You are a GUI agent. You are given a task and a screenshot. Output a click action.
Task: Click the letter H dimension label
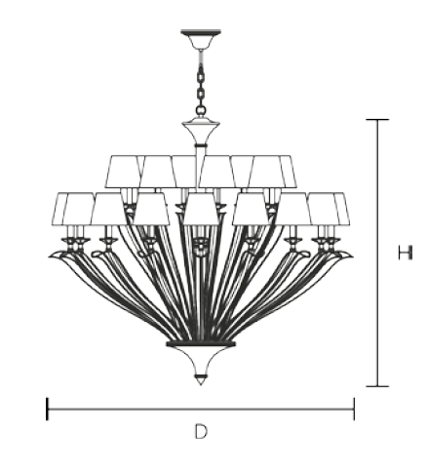click(405, 253)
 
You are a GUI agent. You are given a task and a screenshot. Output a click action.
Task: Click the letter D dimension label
click(201, 431)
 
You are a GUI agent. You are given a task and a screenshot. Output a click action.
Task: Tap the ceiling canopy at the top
click(201, 39)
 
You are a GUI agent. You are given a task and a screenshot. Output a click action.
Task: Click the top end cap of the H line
click(377, 120)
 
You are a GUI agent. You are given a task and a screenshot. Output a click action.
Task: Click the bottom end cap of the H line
click(377, 386)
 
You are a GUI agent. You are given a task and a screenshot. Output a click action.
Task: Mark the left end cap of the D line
click(48, 409)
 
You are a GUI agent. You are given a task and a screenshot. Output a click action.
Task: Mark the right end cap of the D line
click(354, 409)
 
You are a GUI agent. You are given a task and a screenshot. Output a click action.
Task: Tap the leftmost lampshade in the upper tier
click(123, 172)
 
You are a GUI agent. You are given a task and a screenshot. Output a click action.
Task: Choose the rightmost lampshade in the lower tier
click(341, 209)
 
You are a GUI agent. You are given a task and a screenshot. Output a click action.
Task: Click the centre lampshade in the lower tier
click(201, 209)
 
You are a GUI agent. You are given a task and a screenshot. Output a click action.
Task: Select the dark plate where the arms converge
click(201, 344)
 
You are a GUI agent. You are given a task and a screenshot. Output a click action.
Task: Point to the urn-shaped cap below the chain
click(201, 134)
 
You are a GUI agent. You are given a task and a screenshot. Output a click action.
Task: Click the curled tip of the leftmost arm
click(56, 255)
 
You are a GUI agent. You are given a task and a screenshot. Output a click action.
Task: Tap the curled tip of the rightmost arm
click(345, 255)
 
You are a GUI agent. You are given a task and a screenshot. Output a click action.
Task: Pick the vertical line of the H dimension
click(377, 253)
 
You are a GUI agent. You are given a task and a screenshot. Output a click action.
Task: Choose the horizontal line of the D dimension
click(201, 409)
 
